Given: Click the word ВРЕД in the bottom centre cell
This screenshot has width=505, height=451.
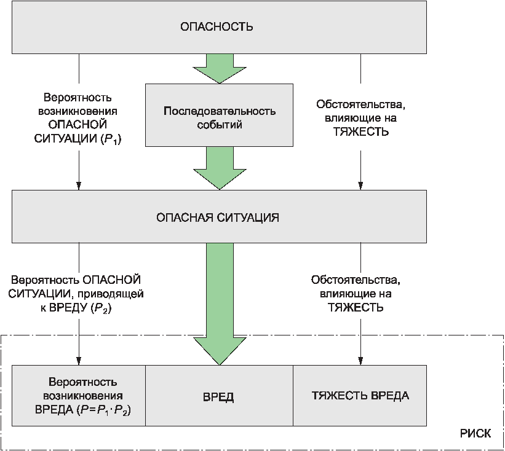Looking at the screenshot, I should tap(218, 396).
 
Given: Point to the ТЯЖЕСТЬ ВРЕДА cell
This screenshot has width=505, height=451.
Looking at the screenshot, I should tap(360, 395).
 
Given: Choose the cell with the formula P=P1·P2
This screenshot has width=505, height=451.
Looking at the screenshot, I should tap(79, 395).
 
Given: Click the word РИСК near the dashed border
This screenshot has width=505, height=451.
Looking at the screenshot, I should tap(475, 433).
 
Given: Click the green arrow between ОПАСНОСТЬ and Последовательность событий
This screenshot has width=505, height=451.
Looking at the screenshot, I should tap(220, 67).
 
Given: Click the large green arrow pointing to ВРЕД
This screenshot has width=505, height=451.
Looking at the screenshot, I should tap(220, 307).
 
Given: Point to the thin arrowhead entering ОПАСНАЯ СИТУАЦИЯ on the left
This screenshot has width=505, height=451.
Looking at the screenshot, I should tap(79, 186).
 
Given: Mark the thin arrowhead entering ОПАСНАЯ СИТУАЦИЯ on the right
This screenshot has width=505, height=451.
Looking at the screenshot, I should tap(360, 186).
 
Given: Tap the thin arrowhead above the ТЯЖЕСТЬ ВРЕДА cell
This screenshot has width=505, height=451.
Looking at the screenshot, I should tap(360, 360).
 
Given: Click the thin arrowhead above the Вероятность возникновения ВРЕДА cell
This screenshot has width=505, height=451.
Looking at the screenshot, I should tap(79, 360).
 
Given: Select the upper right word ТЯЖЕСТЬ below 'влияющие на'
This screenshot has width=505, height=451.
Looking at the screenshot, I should tap(360, 131).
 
